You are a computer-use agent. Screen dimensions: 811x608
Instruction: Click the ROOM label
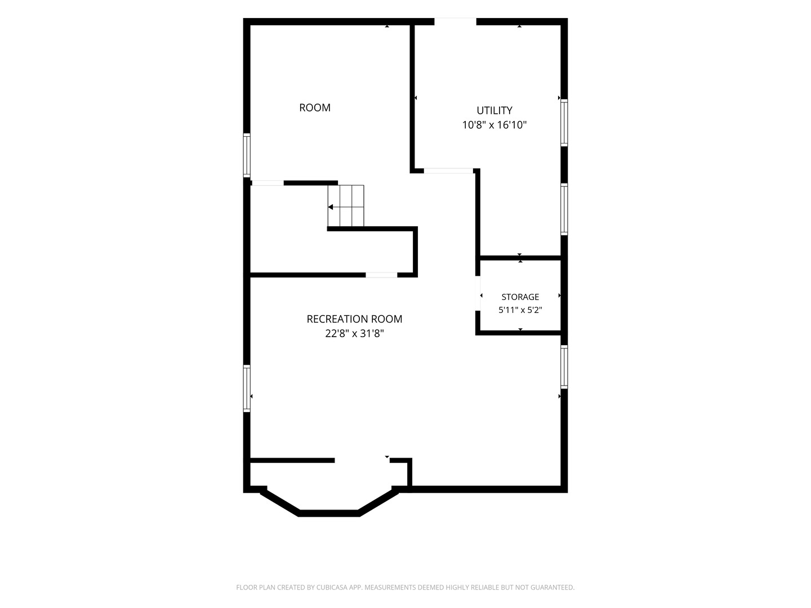coord(314,108)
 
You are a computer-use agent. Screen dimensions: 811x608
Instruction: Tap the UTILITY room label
coord(494,110)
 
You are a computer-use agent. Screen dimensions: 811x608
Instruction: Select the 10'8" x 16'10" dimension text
coord(494,125)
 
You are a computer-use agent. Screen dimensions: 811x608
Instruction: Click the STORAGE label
coord(520,297)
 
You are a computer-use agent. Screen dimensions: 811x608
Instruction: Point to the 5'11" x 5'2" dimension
coord(520,310)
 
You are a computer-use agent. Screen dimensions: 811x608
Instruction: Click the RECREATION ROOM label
coord(354,319)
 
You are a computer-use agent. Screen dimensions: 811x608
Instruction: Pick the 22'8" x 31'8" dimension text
coord(354,333)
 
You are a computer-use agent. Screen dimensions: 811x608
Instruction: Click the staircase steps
coord(346,205)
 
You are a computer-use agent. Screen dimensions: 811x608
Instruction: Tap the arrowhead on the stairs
coord(331,207)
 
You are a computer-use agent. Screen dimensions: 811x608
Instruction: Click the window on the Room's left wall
coord(247,155)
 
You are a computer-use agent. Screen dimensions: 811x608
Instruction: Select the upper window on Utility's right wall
coord(564,123)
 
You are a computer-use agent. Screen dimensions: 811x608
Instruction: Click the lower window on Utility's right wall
coord(564,209)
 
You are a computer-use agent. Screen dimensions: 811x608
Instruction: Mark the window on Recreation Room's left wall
coord(247,388)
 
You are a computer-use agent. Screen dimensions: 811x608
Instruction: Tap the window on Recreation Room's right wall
coord(564,367)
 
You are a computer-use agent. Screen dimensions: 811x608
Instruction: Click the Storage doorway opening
coord(478,293)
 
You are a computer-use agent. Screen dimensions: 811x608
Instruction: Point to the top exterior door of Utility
coord(455,21)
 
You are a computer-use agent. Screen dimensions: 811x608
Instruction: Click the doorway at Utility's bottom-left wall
coord(448,171)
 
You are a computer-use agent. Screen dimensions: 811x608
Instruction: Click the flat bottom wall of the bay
coord(328,513)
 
